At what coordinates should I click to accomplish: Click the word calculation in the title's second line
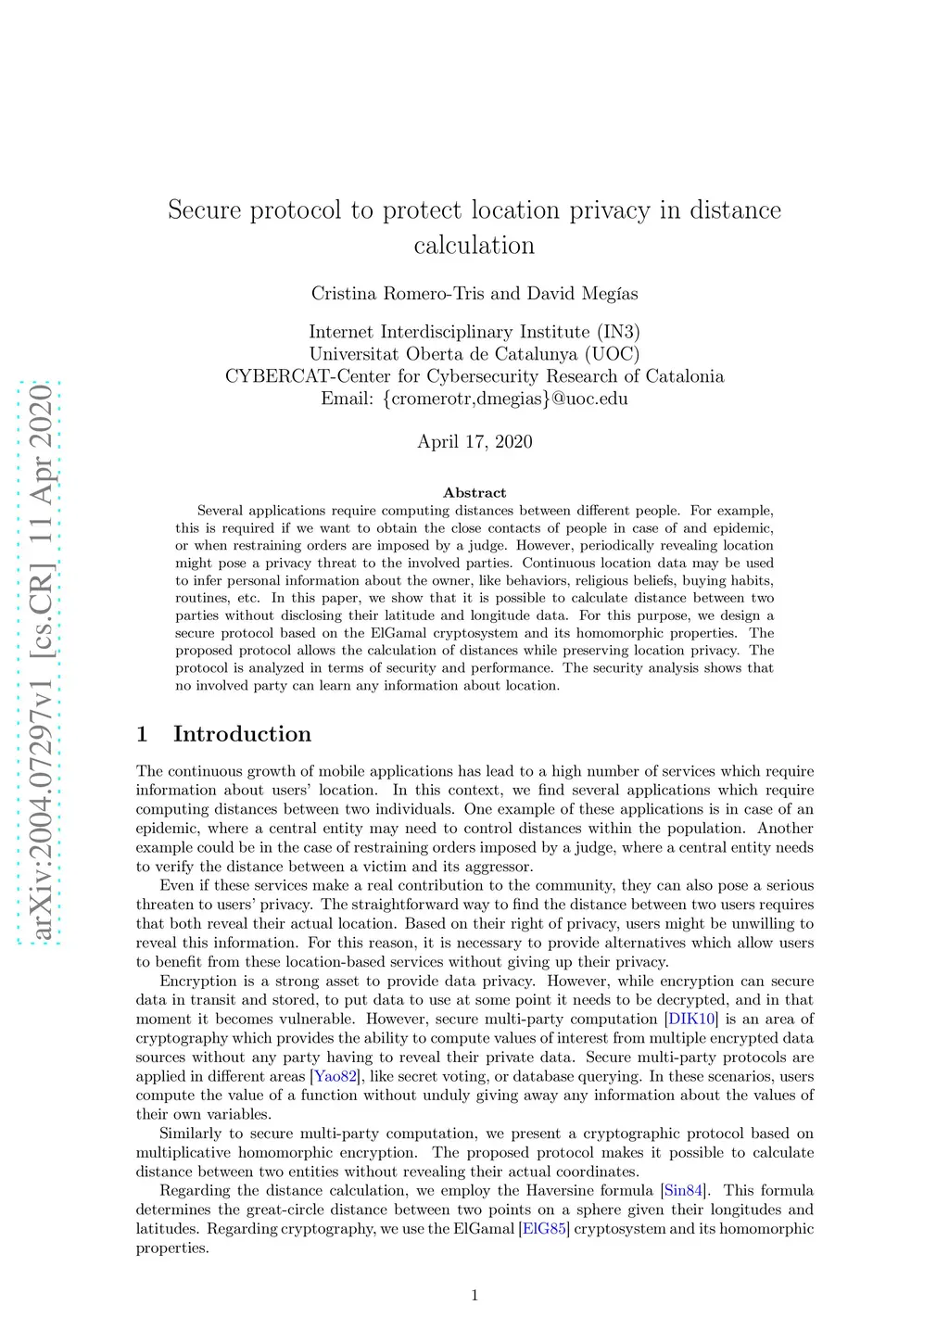point(474,246)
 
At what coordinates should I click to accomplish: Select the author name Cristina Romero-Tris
point(398,294)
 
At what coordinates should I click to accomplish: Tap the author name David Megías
point(582,294)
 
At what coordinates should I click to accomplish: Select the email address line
point(474,399)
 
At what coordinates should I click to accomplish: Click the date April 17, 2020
point(474,441)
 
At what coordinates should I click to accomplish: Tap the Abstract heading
point(474,493)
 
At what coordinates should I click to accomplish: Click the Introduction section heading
point(242,734)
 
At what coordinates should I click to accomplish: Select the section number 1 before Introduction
point(142,734)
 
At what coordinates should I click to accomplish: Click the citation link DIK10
point(691,1020)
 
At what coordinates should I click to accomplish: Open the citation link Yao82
point(335,1077)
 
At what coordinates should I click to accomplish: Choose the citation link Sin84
point(684,1191)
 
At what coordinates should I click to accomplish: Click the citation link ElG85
point(544,1229)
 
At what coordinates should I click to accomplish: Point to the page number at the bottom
point(474,1296)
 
